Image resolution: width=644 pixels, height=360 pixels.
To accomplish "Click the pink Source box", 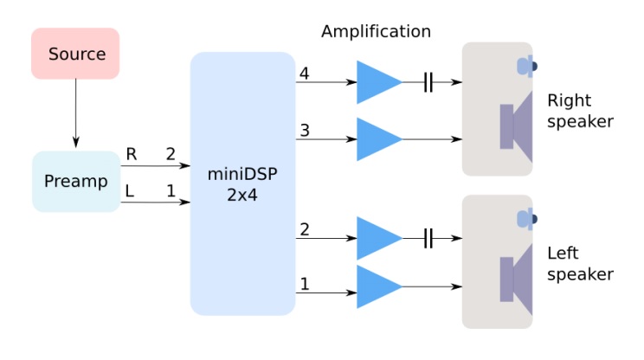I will click(x=75, y=54).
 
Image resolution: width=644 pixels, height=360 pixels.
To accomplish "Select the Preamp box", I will click(x=75, y=182).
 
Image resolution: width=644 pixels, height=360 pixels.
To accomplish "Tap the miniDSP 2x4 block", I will click(x=243, y=183).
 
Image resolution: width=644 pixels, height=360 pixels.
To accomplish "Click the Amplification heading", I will click(x=376, y=32).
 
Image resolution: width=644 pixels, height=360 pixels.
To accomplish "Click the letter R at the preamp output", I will click(x=131, y=154).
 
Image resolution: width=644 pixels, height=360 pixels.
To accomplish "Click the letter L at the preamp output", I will click(x=131, y=189).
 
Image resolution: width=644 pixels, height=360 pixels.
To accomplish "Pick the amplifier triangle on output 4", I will click(x=377, y=83).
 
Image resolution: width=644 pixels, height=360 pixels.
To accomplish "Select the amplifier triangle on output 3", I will click(x=377, y=138).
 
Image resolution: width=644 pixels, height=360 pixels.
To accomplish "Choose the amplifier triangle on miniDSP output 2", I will click(x=377, y=239).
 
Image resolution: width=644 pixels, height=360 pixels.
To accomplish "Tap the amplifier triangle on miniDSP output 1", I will click(x=377, y=287).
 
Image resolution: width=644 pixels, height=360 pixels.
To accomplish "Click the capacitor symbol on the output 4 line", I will click(x=428, y=83).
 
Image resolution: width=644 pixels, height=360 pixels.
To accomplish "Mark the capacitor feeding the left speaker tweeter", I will click(x=428, y=239).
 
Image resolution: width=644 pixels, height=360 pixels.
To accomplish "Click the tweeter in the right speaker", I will click(x=525, y=66).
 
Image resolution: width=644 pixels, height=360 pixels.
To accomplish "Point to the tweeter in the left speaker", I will click(x=525, y=219).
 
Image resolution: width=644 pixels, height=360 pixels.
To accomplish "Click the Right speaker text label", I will click(x=580, y=111).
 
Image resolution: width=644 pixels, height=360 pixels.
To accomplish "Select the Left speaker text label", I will click(x=580, y=264).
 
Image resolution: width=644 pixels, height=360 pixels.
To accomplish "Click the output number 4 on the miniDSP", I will click(x=304, y=74).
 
